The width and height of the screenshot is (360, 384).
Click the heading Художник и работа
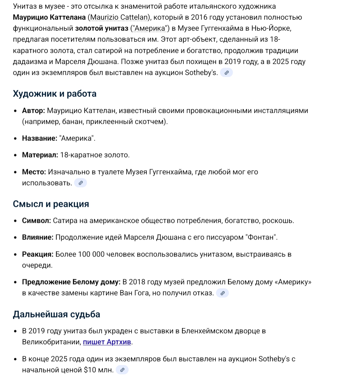[x=55, y=94]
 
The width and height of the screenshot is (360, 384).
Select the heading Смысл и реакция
[x=51, y=204]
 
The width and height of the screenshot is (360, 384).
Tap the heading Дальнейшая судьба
[x=56, y=314]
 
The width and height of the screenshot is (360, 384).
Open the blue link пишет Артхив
[x=107, y=342]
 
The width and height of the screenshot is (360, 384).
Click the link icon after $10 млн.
[x=122, y=370]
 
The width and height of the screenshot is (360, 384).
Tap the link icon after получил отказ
[x=222, y=293]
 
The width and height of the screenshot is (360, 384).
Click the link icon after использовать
[x=80, y=183]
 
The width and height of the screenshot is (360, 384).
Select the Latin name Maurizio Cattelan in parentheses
[x=119, y=17]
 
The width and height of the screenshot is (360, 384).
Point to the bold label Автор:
[x=33, y=110]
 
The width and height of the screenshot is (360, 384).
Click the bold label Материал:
[x=40, y=155]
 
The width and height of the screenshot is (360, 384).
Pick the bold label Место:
[x=34, y=172]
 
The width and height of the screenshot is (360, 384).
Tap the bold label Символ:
[x=36, y=221]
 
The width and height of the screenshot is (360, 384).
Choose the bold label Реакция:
[x=38, y=254]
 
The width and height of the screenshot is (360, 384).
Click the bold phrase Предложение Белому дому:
[x=71, y=282]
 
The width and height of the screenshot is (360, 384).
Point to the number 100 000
[x=91, y=254]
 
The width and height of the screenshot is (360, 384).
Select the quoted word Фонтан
[x=261, y=238]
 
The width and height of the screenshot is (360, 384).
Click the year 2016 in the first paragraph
[x=200, y=17]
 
